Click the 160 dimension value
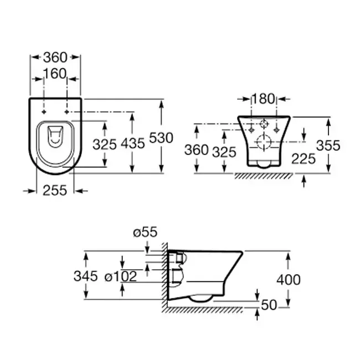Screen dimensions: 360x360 tap(55, 73)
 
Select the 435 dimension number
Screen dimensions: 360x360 tap(133, 144)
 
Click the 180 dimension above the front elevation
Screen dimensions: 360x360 tap(263, 99)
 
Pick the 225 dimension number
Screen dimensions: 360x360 tap(304, 159)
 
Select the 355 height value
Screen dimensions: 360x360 tap(328, 145)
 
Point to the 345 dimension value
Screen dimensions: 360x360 tap(86, 276)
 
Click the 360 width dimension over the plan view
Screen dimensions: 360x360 tap(55, 57)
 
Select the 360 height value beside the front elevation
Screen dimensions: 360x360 tap(197, 150)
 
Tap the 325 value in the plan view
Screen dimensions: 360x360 tap(104, 144)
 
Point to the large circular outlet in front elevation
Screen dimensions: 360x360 tap(265, 142)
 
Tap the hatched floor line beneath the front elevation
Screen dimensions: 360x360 tap(263, 176)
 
